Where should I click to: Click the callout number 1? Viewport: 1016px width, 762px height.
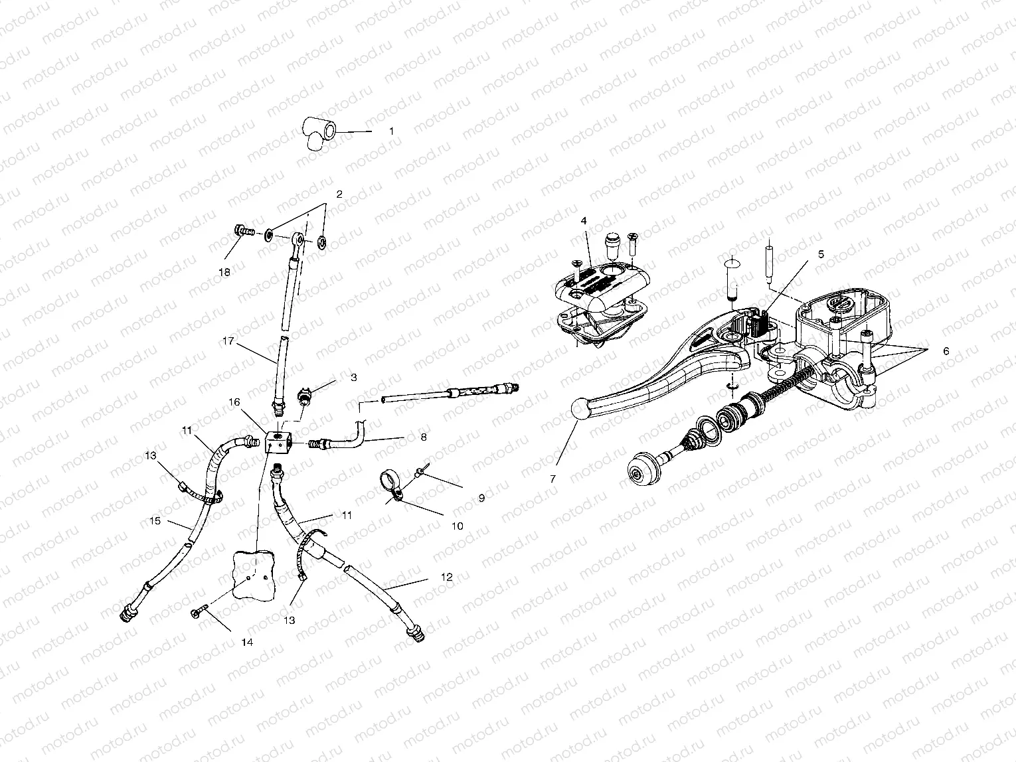pos(391,131)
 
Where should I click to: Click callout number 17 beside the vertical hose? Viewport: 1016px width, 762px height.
pos(229,342)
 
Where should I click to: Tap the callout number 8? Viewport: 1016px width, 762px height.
pos(423,437)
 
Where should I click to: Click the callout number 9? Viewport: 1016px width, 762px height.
pos(481,497)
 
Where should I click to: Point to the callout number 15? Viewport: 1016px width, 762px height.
pos(155,521)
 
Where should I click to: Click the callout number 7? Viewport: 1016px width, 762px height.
pos(552,477)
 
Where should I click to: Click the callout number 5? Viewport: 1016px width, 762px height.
pos(821,254)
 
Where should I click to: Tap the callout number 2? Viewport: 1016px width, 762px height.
pos(339,194)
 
